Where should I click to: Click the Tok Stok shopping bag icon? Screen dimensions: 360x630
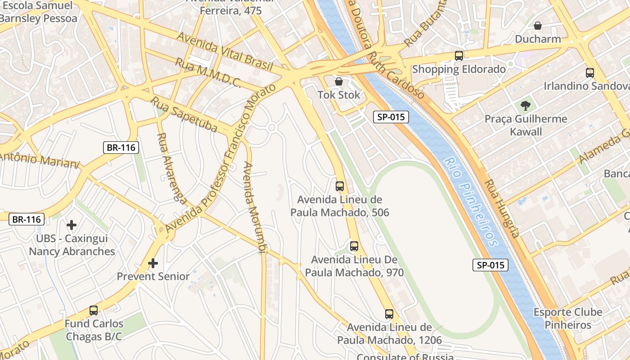pos(339,81)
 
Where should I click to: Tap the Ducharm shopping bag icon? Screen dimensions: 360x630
pos(537,26)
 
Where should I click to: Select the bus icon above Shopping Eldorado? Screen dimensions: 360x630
pos(459,56)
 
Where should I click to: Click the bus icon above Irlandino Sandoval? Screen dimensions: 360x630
pos(589,72)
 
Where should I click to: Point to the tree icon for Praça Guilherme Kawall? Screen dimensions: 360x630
pos(525,106)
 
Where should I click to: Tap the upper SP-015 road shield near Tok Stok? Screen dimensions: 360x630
pos(391,117)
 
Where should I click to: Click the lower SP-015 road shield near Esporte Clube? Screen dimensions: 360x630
pos(490,265)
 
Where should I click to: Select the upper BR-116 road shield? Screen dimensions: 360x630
pos(121,147)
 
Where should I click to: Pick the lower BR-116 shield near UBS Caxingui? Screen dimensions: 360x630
pos(27,219)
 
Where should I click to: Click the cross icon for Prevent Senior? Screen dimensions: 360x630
pos(153,263)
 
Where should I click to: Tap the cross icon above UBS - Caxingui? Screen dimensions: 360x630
pos(71,225)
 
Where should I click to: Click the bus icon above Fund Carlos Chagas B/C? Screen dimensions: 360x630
pos(94,310)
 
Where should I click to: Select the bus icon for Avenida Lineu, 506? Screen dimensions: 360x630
pos(340,186)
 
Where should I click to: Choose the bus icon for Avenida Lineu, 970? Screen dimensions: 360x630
pos(354,246)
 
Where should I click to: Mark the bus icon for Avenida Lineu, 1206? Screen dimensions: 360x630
pos(389,314)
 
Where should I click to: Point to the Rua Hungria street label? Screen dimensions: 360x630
pos(502,208)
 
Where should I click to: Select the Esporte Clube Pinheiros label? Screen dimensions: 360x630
pos(568,319)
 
